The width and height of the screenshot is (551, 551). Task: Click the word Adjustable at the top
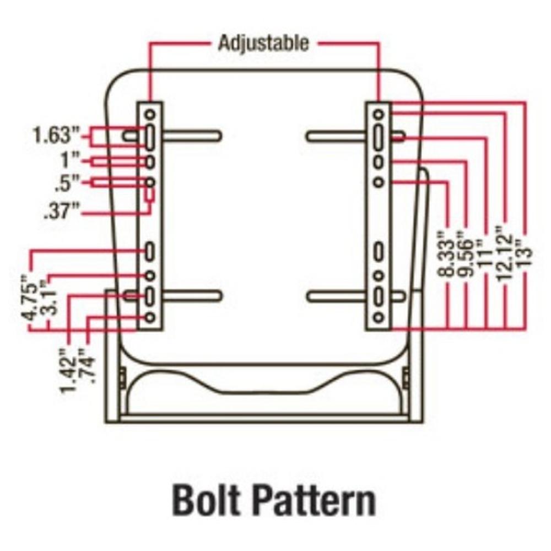[263, 42]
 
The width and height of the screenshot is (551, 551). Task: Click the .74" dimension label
[87, 364]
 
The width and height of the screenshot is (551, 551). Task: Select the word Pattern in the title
[315, 500]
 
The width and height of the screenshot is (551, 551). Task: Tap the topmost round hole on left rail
[150, 114]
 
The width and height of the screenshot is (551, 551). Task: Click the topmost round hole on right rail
[379, 114]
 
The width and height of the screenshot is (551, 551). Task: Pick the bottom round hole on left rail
[150, 317]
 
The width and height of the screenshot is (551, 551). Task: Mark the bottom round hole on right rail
[379, 317]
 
